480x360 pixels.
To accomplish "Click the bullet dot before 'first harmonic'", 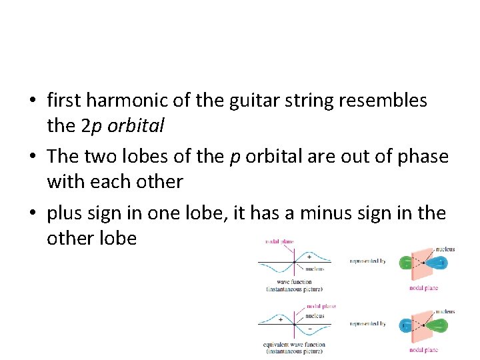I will coord(32,101).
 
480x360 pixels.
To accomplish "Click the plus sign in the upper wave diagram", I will coord(309,256).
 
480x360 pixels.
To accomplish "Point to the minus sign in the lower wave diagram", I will coord(309,329).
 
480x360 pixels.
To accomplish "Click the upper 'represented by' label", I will coord(367,261).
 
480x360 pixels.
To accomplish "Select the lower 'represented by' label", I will coord(367,324).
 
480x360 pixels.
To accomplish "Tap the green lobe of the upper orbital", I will coord(406,262).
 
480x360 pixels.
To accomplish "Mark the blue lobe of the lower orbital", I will coord(406,325).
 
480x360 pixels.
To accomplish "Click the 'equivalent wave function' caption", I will coord(293,345).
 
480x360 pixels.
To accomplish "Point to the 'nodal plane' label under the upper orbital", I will coord(423,288).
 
